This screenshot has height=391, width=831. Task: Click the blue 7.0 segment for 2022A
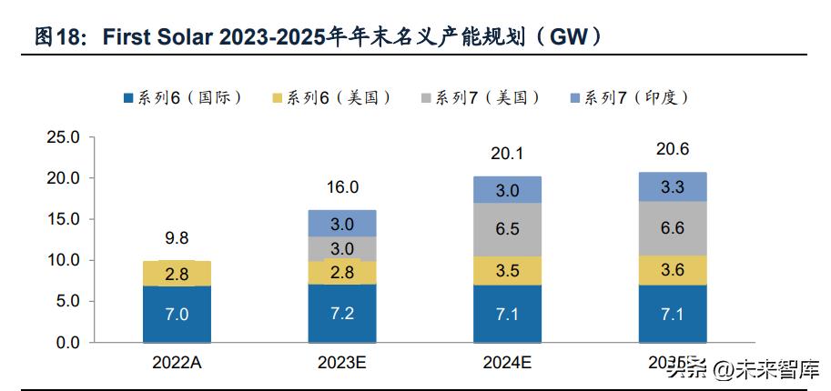point(177,314)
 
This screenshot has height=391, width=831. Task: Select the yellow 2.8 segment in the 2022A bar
point(177,274)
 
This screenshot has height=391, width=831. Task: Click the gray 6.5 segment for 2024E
point(507,230)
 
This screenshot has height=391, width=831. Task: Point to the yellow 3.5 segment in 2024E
point(507,271)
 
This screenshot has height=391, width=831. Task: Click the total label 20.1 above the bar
point(507,155)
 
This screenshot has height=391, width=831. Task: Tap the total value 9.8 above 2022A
point(177,239)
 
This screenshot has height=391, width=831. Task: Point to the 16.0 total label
point(341,187)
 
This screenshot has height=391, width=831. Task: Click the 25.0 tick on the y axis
point(64,137)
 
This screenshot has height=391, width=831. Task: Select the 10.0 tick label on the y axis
point(64,261)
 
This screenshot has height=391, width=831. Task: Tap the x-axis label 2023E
point(341,363)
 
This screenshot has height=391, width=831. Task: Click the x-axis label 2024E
point(507,363)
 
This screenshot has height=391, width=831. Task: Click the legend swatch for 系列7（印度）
point(574,97)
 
